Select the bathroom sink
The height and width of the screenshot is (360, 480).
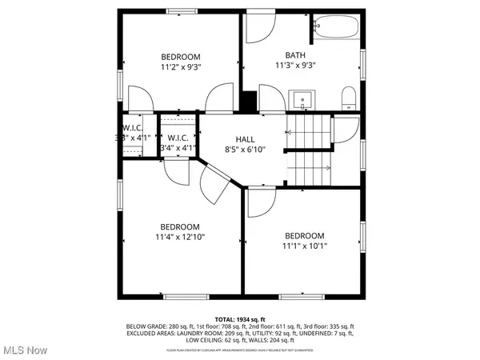coord(302,100)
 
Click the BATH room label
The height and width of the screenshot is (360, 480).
coord(298,55)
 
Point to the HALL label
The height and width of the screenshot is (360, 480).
coord(245,139)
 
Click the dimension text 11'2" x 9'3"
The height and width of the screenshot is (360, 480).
coord(181,68)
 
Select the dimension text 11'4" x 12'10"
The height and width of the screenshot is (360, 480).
coord(180,238)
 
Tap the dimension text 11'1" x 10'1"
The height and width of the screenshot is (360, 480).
coord(305,246)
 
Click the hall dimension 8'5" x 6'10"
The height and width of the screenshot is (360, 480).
coord(245,150)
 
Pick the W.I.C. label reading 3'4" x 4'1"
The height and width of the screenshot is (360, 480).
coord(178,142)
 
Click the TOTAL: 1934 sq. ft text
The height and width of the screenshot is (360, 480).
coord(240,319)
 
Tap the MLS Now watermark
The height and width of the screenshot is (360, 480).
coord(24,350)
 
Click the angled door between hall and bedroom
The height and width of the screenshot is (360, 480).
coord(214,186)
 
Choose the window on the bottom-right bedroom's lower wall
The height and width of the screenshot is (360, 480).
coord(302,296)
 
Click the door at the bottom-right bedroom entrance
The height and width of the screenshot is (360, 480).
coord(261,203)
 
